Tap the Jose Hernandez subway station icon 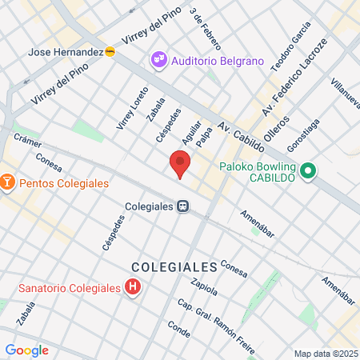coord(110,51)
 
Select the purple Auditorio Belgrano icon coord(158,59)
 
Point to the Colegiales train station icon coord(183,206)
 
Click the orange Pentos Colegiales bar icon coord(8,183)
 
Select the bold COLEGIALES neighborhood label coord(174,266)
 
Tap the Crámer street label coord(27,138)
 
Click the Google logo coord(26,350)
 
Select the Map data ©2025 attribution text coord(326,354)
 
